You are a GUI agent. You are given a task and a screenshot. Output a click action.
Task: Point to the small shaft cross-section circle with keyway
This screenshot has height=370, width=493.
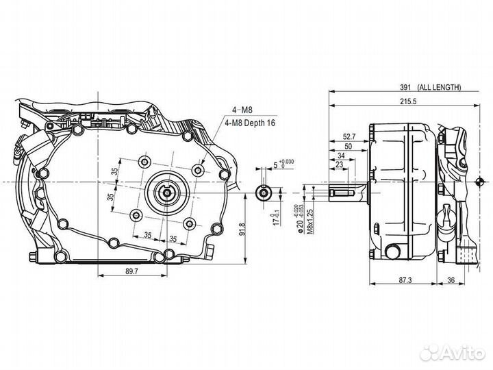point(262,191)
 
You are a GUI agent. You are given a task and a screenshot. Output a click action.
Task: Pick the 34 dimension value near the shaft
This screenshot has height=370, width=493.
point(340,156)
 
